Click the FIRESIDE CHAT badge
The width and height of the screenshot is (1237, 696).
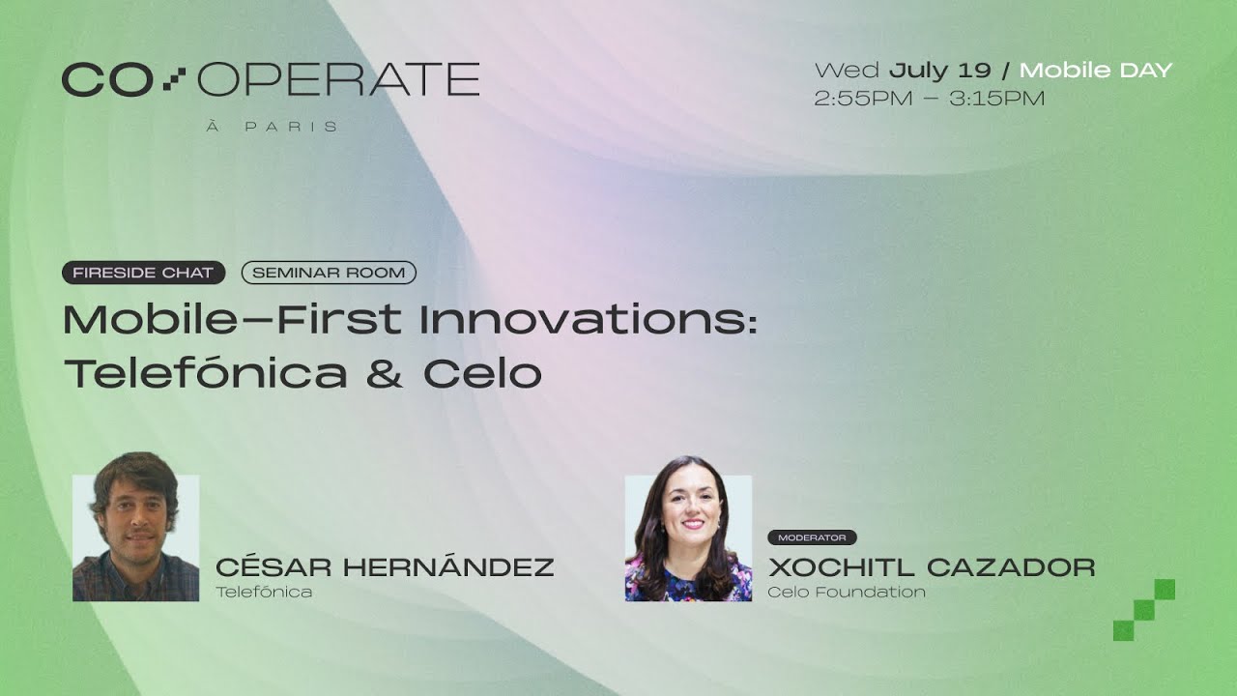click(143, 273)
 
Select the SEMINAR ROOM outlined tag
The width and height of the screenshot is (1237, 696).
click(329, 273)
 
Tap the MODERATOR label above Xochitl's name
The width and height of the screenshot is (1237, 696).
click(812, 537)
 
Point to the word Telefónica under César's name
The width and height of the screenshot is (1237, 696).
click(264, 592)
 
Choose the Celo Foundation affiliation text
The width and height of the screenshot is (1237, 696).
click(847, 592)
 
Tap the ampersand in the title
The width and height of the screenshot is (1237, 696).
click(384, 374)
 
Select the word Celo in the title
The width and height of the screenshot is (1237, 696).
click(482, 374)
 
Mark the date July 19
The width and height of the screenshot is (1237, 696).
click(939, 71)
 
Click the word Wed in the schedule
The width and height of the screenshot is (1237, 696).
click(847, 71)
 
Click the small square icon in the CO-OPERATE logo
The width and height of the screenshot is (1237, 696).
click(174, 79)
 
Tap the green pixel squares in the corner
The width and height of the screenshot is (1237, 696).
click(1144, 609)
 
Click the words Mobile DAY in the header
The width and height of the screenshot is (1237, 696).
click(1096, 71)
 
